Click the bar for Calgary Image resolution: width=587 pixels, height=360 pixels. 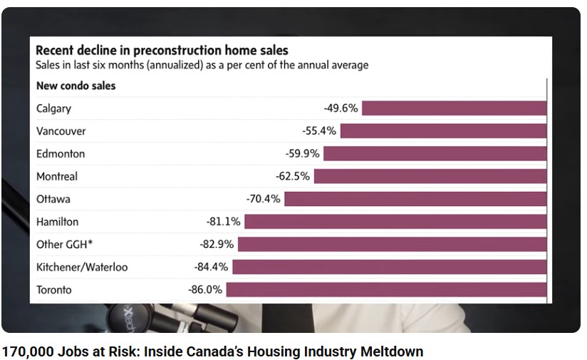pyautogui.click(x=454, y=108)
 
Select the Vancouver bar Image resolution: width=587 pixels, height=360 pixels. pyautogui.click(x=443, y=131)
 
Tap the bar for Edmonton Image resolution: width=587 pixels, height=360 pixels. pyautogui.click(x=435, y=153)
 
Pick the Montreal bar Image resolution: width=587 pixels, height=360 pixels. pyautogui.click(x=430, y=176)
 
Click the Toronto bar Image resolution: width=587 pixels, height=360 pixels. pyautogui.click(x=386, y=290)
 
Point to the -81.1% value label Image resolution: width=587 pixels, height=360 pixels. pyautogui.click(x=222, y=222)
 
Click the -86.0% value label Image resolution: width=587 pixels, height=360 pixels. pyautogui.click(x=205, y=290)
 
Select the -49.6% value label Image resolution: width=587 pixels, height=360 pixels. pyautogui.click(x=341, y=108)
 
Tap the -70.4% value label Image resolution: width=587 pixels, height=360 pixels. pyautogui.click(x=263, y=199)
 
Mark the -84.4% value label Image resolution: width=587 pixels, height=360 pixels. pyautogui.click(x=211, y=267)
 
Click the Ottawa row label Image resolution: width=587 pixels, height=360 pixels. pyautogui.click(x=53, y=199)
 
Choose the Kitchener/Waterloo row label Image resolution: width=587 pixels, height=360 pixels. pyautogui.click(x=82, y=267)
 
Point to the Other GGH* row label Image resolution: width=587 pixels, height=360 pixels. pyautogui.click(x=65, y=245)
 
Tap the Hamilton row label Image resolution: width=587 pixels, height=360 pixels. pyautogui.click(x=58, y=222)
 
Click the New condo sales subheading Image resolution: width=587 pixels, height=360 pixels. pyautogui.click(x=76, y=86)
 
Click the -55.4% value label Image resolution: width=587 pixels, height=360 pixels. pyautogui.click(x=319, y=131)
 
